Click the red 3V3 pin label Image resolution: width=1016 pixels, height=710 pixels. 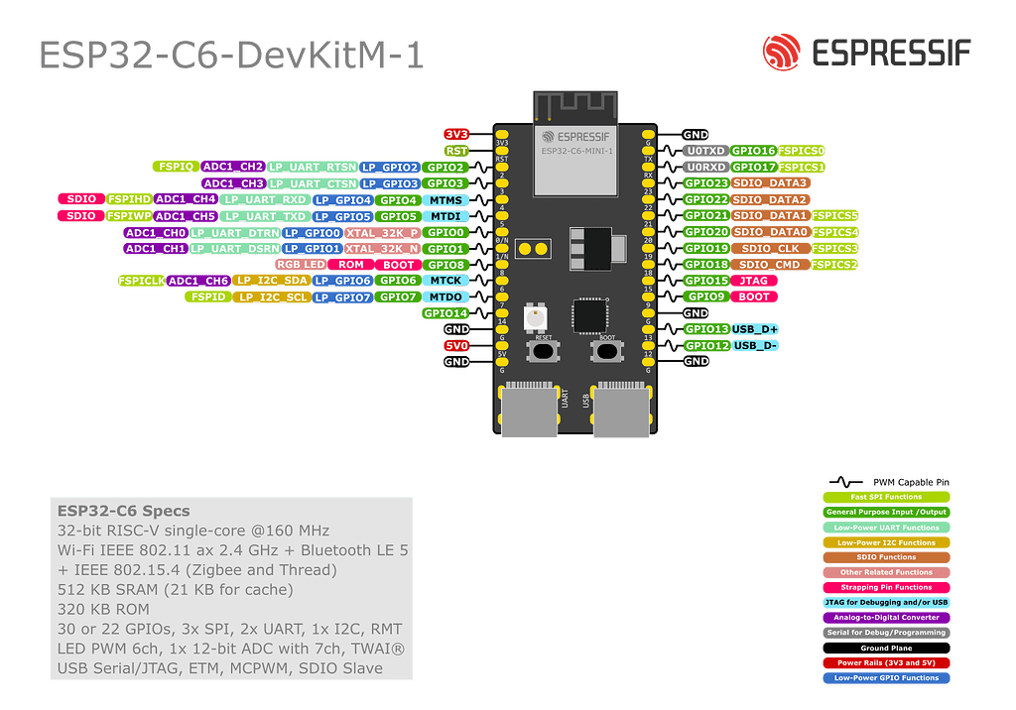tap(456, 135)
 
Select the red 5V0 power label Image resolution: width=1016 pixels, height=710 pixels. tap(456, 345)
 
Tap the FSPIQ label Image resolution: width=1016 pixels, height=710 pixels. tap(176, 167)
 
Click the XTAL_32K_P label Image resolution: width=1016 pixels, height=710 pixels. tap(382, 232)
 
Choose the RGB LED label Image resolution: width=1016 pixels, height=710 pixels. tap(301, 265)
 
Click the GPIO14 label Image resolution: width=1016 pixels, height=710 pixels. tap(445, 313)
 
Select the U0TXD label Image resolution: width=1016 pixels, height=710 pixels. tap(705, 151)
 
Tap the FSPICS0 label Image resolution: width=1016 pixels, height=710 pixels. tap(802, 151)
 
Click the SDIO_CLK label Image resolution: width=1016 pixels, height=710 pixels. tap(769, 248)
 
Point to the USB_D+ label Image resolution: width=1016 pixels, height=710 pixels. tap(756, 329)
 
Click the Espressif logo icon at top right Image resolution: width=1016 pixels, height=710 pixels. tap(783, 53)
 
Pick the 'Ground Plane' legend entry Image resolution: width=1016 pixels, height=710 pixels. tap(886, 648)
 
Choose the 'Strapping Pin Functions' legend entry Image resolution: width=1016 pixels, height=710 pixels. tap(886, 587)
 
